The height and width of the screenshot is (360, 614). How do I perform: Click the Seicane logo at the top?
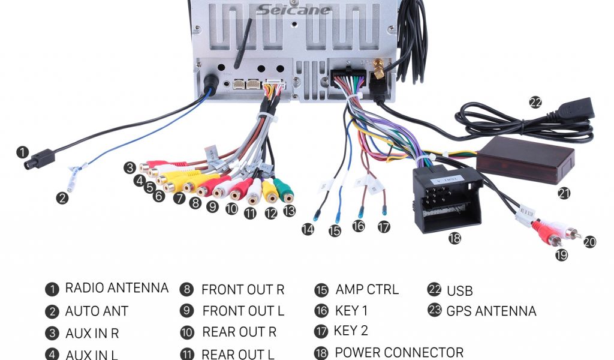click(294, 10)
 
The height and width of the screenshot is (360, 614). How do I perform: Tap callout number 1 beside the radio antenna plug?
click(22, 152)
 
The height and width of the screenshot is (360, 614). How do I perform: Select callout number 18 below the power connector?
click(455, 238)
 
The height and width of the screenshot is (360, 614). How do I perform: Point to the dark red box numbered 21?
click(525, 160)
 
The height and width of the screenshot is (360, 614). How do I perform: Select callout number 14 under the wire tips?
click(308, 229)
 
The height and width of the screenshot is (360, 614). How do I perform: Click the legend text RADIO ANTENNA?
click(116, 288)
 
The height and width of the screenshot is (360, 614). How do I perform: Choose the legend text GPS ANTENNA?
click(491, 311)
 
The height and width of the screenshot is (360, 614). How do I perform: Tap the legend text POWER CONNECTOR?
click(399, 352)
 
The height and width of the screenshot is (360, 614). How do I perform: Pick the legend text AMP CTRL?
click(366, 289)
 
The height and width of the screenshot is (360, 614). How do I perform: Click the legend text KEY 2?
click(351, 331)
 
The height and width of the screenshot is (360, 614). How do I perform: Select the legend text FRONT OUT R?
click(242, 290)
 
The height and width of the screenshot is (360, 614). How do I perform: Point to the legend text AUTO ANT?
click(97, 311)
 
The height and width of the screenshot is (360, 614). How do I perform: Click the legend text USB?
click(459, 291)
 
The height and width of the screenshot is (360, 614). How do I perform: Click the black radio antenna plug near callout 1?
click(40, 161)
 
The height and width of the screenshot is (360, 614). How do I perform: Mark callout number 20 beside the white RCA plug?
click(590, 242)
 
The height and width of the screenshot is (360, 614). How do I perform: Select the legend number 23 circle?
click(435, 310)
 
